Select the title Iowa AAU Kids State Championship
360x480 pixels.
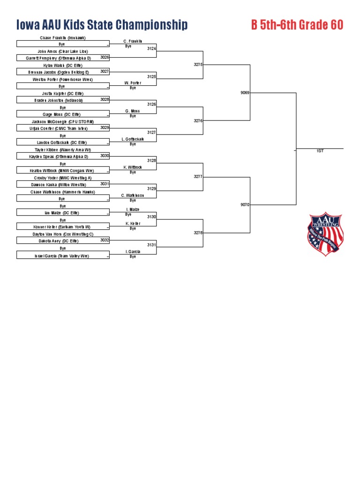click(102, 25)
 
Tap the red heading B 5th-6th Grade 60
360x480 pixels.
click(297, 25)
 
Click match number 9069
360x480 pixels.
click(245, 93)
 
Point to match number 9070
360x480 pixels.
click(245, 205)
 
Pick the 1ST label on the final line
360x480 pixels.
click(320, 151)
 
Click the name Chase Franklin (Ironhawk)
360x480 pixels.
click(62, 37)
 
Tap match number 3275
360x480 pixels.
click(198, 65)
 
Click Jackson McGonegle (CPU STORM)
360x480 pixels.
click(62, 121)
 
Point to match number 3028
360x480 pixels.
click(105, 99)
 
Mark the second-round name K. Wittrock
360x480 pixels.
click(133, 167)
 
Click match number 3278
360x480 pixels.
click(198, 233)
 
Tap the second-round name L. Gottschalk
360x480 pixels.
click(133, 139)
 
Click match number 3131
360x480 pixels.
click(151, 245)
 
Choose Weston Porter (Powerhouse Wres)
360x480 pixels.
click(62, 80)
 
